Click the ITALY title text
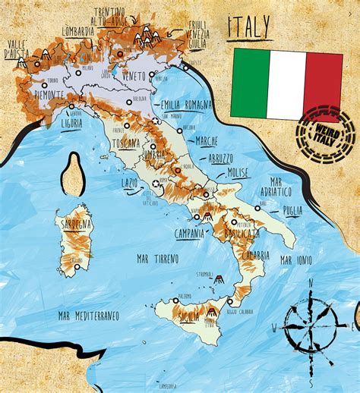[249, 29]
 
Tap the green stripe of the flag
[251, 83]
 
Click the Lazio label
[129, 182]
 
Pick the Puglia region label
[292, 212]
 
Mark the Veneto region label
[133, 76]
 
